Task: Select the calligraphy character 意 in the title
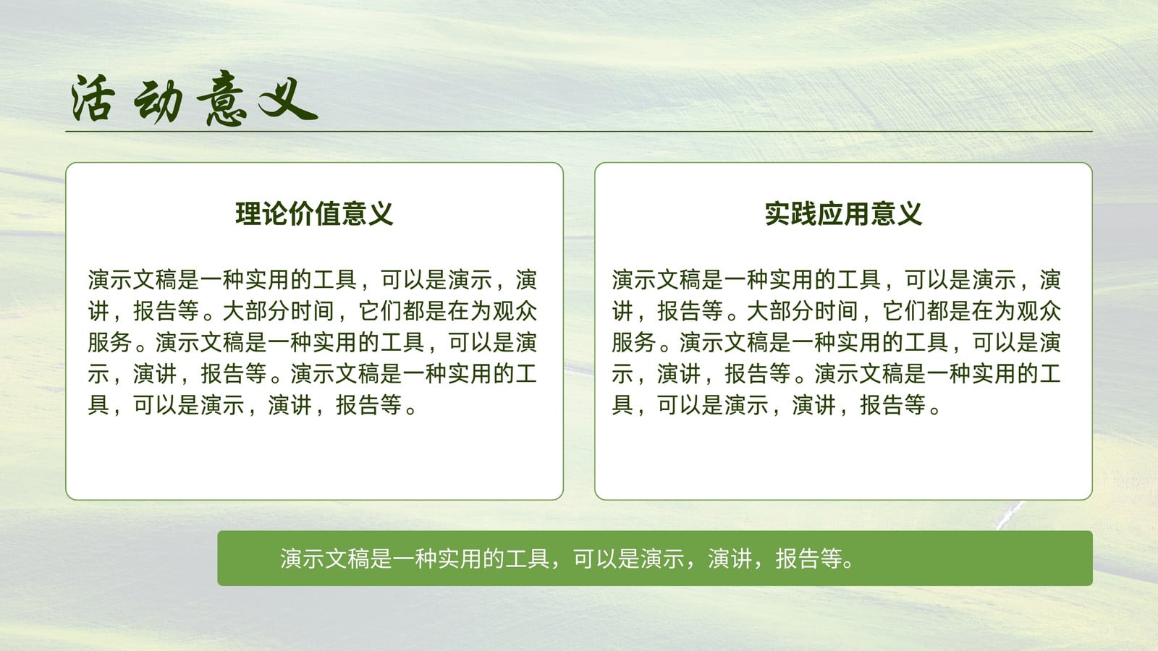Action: point(222,98)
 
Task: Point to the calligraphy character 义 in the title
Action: point(287,98)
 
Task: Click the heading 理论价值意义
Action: point(314,214)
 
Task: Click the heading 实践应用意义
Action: point(844,214)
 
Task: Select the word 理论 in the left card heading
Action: point(261,214)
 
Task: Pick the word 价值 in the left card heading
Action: point(314,214)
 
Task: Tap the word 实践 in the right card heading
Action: point(791,214)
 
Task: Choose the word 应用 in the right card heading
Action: point(844,214)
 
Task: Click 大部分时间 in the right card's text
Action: point(803,311)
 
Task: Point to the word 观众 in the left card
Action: point(515,311)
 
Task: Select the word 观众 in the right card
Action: point(1039,311)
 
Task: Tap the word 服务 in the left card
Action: point(110,343)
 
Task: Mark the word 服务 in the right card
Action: point(634,343)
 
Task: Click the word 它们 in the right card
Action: point(905,311)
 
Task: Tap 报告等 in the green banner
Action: point(809,558)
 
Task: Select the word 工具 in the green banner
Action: point(528,558)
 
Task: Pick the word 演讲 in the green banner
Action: point(730,558)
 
